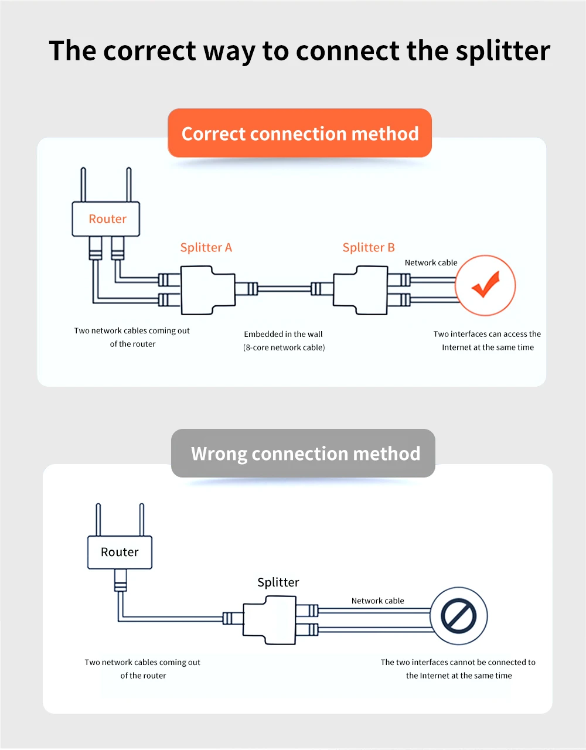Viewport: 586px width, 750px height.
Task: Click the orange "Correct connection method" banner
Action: [299, 134]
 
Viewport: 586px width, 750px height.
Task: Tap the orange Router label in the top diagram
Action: [107, 219]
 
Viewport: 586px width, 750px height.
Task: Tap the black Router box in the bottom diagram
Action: [120, 552]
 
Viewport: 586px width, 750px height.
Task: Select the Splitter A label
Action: [206, 247]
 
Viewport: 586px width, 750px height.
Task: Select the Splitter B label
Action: [369, 247]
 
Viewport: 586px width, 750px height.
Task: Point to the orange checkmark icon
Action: [485, 285]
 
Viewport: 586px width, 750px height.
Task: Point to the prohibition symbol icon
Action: [458, 616]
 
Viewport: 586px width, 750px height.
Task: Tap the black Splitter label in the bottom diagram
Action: [278, 582]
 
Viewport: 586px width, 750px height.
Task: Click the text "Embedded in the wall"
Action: [283, 334]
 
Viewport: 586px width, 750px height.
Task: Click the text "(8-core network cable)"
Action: [284, 347]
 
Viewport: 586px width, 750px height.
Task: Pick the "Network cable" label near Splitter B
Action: [431, 262]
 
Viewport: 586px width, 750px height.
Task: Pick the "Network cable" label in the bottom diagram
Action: [377, 601]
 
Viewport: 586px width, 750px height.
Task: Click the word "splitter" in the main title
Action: [503, 51]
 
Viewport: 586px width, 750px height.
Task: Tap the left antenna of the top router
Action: [83, 185]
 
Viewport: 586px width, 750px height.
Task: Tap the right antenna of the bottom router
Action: [141, 519]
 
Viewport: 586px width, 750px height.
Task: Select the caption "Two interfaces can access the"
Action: [487, 334]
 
